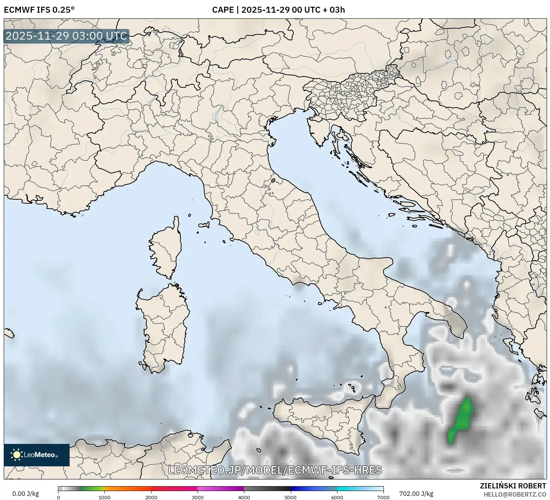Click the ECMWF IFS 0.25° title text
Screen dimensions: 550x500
pyautogui.click(x=39, y=10)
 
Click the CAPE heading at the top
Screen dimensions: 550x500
pyautogui.click(x=278, y=10)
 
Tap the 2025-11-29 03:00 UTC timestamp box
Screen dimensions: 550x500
pyautogui.click(x=67, y=36)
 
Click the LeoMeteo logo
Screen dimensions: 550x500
pyautogui.click(x=37, y=455)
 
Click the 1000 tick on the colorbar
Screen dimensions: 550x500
pyautogui.click(x=104, y=497)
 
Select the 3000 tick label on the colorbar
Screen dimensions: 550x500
pyautogui.click(x=198, y=497)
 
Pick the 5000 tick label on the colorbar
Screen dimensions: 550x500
pyautogui.click(x=291, y=497)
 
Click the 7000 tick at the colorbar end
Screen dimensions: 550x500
pyautogui.click(x=384, y=497)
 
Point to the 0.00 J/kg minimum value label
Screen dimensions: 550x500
pyautogui.click(x=25, y=494)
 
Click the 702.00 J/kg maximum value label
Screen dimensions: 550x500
pyautogui.click(x=416, y=494)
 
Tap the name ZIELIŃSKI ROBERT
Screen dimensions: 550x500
pyautogui.click(x=513, y=486)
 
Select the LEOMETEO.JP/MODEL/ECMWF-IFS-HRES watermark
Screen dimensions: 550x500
pyautogui.click(x=275, y=470)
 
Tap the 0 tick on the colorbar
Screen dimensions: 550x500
pyautogui.click(x=58, y=497)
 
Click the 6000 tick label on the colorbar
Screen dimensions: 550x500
pyautogui.click(x=337, y=497)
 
